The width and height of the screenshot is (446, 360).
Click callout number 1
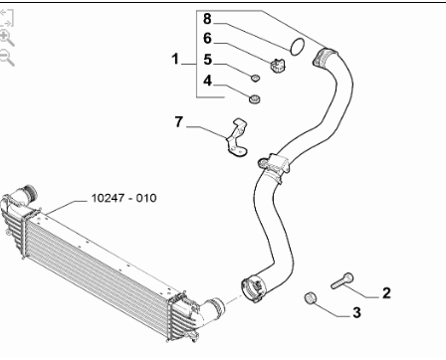(x=175, y=60)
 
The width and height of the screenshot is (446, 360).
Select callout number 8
(x=207, y=19)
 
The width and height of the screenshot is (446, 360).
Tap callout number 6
(x=207, y=39)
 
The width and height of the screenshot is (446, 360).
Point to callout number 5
(x=207, y=60)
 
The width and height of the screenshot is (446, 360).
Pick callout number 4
(x=207, y=81)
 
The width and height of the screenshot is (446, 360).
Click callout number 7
(x=179, y=122)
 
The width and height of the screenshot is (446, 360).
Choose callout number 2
(x=386, y=293)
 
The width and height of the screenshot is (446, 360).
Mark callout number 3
(x=356, y=312)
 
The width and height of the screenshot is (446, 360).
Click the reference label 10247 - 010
(x=123, y=198)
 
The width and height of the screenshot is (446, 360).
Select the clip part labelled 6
(x=278, y=65)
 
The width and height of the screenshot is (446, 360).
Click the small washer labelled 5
(x=255, y=79)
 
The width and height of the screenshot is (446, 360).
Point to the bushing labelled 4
(x=255, y=98)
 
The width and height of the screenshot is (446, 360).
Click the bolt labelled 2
(x=342, y=280)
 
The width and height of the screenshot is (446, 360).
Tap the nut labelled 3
(x=311, y=297)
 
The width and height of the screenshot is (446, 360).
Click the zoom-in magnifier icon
(x=7, y=38)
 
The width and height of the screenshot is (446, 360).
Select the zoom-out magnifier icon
(x=7, y=58)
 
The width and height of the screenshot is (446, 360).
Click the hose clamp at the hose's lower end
(x=252, y=288)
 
